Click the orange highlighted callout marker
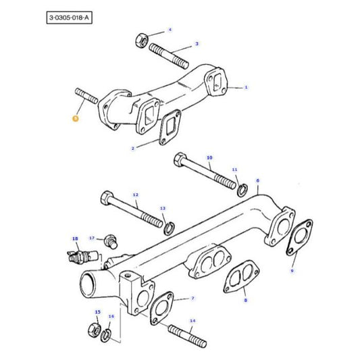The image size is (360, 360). pyautogui.click(x=76, y=118)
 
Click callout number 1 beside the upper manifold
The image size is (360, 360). pyautogui.click(x=246, y=87)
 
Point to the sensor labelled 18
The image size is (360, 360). pyautogui.click(x=80, y=257)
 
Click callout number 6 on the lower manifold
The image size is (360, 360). pyautogui.click(x=257, y=181)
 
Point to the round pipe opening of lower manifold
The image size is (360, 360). pyautogui.click(x=91, y=279)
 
